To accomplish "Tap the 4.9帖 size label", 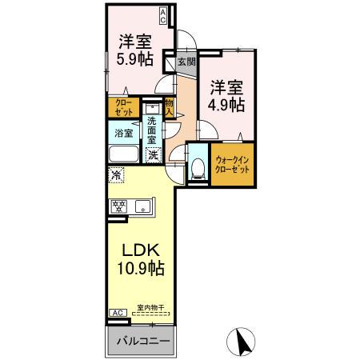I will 227,105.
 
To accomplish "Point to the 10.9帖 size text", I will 138,270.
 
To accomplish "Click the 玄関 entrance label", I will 186,61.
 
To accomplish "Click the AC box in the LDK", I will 116,312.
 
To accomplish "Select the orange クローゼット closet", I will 124,108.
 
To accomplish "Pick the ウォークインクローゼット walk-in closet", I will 232,169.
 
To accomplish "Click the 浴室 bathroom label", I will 123,133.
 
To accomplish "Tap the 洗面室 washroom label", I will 153,130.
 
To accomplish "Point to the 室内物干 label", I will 149,307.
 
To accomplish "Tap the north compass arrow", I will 238,342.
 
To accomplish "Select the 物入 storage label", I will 170,108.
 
